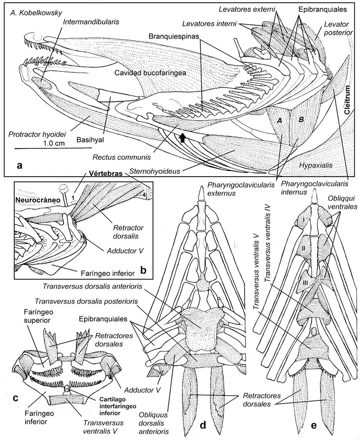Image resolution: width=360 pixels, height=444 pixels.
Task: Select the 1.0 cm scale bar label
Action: (x=55, y=143)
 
